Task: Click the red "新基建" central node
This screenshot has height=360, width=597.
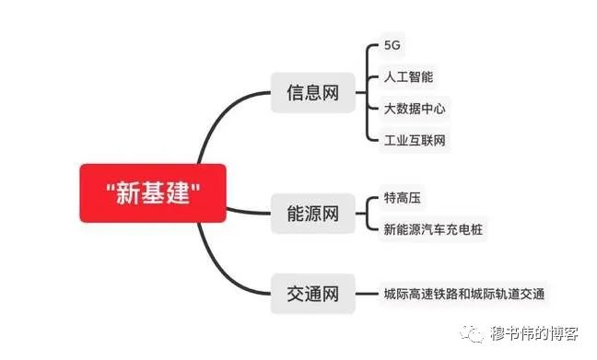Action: [153, 193]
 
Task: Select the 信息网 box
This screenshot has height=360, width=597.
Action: [313, 92]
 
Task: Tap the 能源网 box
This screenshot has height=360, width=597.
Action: [313, 213]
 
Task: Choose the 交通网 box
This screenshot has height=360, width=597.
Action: [313, 294]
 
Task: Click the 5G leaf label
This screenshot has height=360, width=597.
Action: [392, 45]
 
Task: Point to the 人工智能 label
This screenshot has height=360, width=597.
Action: [408, 76]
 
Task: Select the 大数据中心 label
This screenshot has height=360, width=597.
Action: [415, 109]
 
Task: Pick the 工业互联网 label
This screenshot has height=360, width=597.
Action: [415, 141]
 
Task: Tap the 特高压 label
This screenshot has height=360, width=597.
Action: [403, 198]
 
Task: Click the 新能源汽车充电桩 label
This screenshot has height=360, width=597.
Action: [433, 229]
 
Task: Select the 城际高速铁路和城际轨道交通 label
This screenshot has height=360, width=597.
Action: [464, 294]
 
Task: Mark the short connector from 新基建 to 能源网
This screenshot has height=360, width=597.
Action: [248, 212]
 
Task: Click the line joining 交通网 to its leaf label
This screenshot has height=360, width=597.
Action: [367, 294]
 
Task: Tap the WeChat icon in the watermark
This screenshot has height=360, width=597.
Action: [473, 333]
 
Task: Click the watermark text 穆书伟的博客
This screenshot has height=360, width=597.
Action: [534, 333]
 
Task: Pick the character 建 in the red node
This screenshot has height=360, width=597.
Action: [178, 193]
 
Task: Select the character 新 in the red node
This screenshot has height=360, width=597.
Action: [128, 193]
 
